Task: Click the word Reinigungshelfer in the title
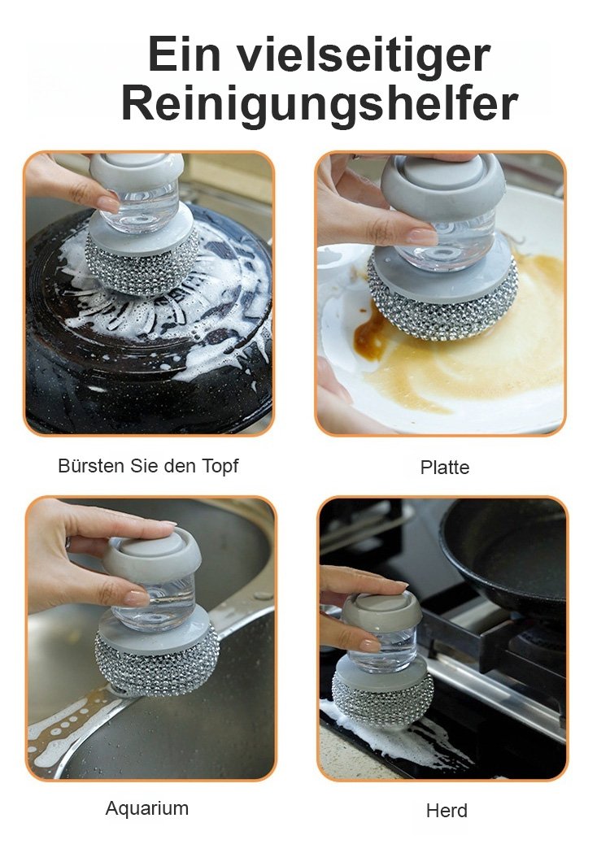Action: (320, 102)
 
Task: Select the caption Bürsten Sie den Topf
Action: (148, 466)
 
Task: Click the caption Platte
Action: (445, 467)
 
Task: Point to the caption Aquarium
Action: (147, 807)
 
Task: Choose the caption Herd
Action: (447, 811)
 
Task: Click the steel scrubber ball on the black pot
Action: (142, 267)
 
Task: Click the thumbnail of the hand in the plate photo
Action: (422, 236)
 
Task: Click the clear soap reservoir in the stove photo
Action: (383, 650)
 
